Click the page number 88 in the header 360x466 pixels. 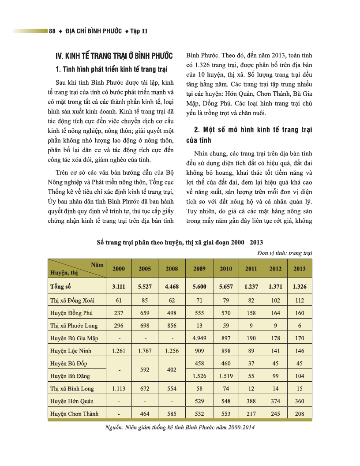click(x=52, y=31)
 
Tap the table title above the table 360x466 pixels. click(x=180, y=243)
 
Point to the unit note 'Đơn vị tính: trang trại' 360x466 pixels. click(x=284, y=253)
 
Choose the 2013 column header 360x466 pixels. click(x=300, y=268)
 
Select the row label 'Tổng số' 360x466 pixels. click(x=60, y=286)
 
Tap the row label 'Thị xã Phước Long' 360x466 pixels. click(x=74, y=326)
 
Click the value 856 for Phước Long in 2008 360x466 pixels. click(x=172, y=326)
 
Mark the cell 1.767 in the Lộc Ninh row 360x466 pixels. click(x=145, y=351)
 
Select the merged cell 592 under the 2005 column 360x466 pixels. click(x=145, y=370)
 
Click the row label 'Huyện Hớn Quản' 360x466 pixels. click(x=71, y=401)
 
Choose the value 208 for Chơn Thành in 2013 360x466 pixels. click(x=300, y=414)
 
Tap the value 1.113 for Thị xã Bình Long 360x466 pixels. click(x=119, y=389)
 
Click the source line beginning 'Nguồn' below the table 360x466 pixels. click(x=180, y=428)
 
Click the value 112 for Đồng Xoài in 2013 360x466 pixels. click(x=300, y=301)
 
